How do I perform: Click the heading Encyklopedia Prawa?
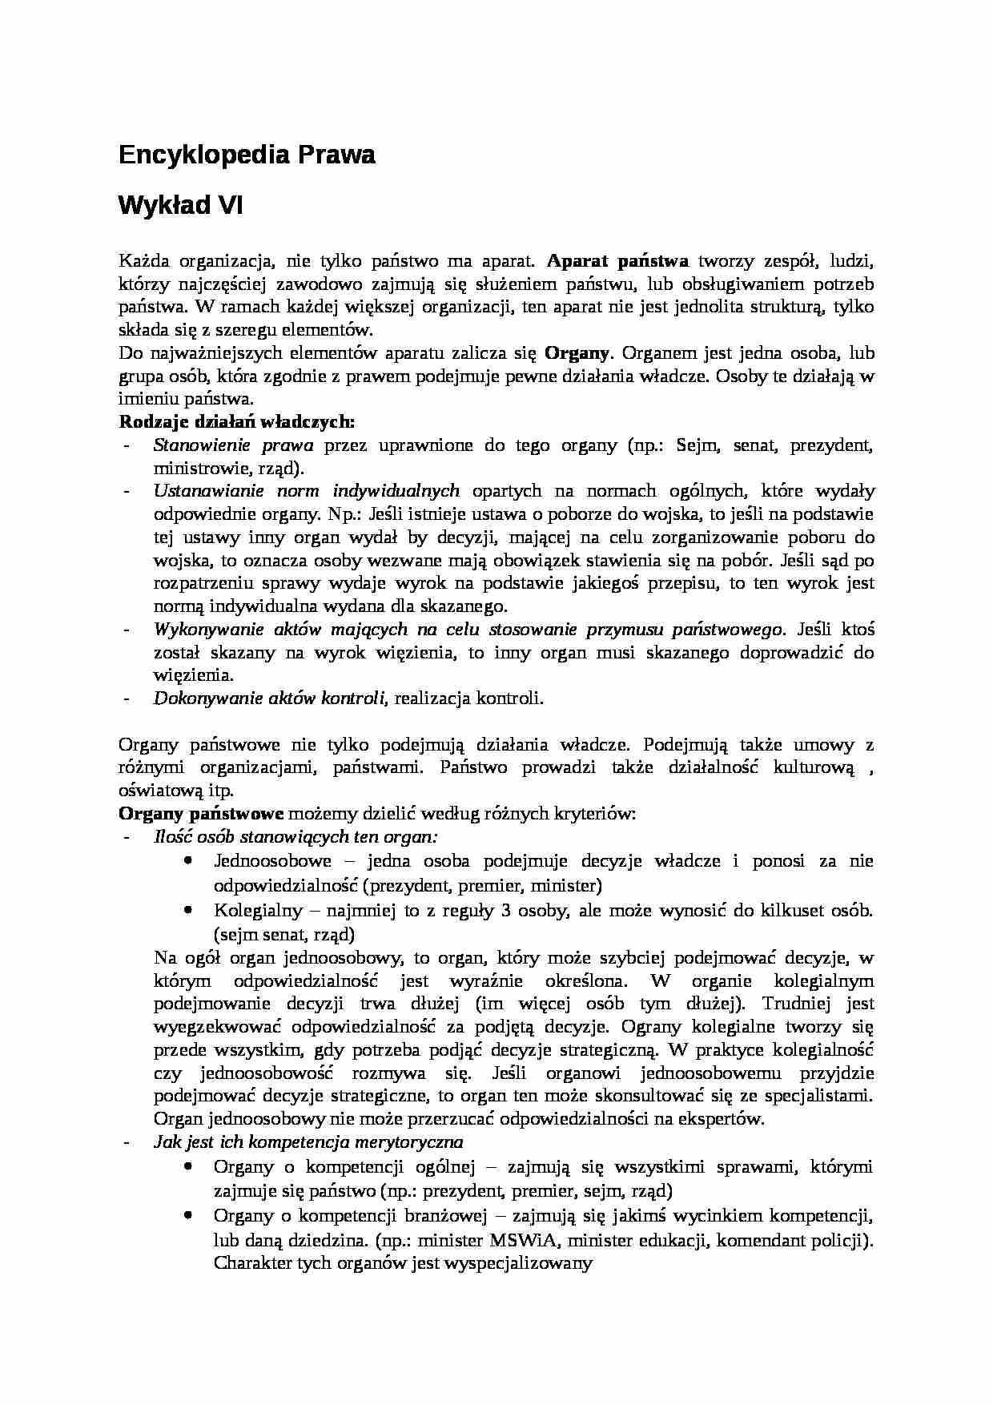pyautogui.click(x=247, y=155)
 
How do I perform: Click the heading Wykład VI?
pyautogui.click(x=180, y=206)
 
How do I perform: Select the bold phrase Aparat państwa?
pyautogui.click(x=618, y=260)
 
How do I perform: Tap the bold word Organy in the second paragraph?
pyautogui.click(x=577, y=352)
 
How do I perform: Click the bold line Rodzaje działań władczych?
pyautogui.click(x=236, y=421)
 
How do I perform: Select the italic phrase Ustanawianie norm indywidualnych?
pyautogui.click(x=307, y=490)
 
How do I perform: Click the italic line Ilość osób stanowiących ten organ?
pyautogui.click(x=295, y=837)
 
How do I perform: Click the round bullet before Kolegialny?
pyautogui.click(x=187, y=910)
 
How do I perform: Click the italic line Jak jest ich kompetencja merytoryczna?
pyautogui.click(x=308, y=1142)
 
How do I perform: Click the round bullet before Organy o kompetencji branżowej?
pyautogui.click(x=187, y=1215)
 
